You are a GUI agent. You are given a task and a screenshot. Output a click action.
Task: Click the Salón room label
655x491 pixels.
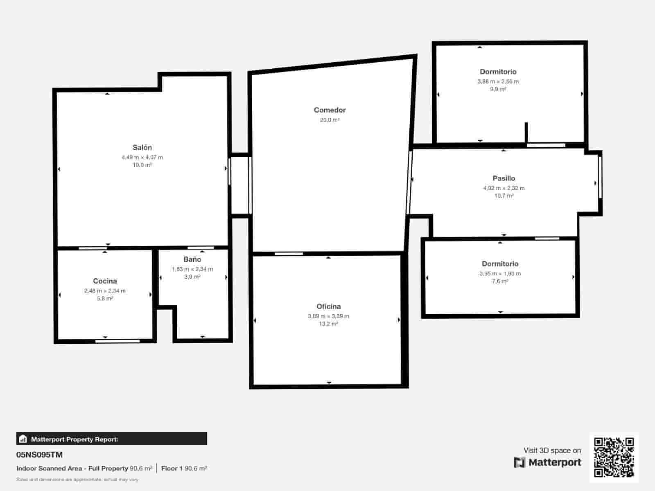pyautogui.click(x=142, y=148)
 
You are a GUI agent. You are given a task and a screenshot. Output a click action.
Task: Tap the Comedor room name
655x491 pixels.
pyautogui.click(x=330, y=110)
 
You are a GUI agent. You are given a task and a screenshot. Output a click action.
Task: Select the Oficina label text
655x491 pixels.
pyautogui.click(x=328, y=306)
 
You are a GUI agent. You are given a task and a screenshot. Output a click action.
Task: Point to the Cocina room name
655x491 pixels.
pyautogui.click(x=105, y=281)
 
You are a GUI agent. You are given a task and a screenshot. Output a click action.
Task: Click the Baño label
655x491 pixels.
pyautogui.click(x=192, y=259)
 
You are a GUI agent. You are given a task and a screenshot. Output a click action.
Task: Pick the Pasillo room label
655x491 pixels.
pyautogui.click(x=504, y=178)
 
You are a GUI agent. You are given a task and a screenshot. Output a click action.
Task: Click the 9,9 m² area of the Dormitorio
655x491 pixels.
pyautogui.click(x=498, y=89)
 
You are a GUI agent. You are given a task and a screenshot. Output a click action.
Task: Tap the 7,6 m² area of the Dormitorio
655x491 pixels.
pyautogui.click(x=500, y=282)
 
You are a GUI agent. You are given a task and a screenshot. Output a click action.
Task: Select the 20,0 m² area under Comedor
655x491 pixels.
pyautogui.click(x=330, y=120)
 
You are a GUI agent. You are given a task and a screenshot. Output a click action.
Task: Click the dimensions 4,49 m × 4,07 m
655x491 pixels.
pyautogui.click(x=142, y=157)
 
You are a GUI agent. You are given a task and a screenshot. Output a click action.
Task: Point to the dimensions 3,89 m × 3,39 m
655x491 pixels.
pyautogui.click(x=328, y=316)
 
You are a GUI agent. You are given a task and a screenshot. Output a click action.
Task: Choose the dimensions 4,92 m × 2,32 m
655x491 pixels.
pyautogui.click(x=504, y=188)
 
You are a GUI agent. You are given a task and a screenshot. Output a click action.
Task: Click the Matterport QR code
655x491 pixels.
pyautogui.click(x=614, y=457)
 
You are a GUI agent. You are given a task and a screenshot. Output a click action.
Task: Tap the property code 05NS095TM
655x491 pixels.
pyautogui.click(x=39, y=455)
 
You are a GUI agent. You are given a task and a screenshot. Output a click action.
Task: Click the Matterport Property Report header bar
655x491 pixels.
pyautogui.click(x=111, y=439)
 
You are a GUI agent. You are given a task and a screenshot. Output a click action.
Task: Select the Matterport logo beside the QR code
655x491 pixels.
pyautogui.click(x=547, y=462)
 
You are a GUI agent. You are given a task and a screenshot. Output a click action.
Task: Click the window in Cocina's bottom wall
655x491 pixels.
pyautogui.click(x=117, y=341)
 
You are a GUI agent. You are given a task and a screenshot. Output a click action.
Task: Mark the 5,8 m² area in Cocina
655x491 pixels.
pyautogui.click(x=105, y=299)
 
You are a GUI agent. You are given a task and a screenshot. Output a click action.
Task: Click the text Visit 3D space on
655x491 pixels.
pyautogui.click(x=552, y=450)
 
